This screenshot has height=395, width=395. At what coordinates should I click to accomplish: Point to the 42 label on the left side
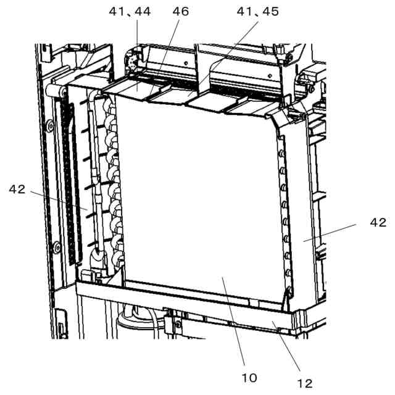pyautogui.click(x=17, y=189)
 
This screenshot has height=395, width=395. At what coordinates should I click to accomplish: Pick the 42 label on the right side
pyautogui.click(x=378, y=222)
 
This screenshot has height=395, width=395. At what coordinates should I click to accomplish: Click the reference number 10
pyautogui.click(x=249, y=376)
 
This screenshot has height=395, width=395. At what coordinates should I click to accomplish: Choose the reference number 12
pyautogui.click(x=305, y=383)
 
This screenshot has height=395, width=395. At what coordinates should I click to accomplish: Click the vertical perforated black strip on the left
pyautogui.click(x=72, y=185)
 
